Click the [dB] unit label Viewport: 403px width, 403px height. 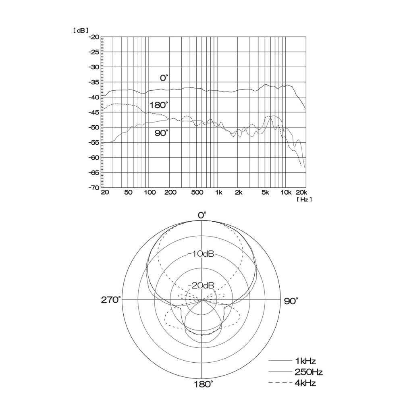(81, 30)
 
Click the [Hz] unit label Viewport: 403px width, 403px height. (304, 199)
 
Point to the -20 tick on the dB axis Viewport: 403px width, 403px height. (94, 37)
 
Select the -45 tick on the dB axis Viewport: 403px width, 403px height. (94, 112)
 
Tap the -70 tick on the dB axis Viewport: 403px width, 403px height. (94, 188)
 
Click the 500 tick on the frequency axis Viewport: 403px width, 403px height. (197, 193)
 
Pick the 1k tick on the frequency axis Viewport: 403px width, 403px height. (218, 193)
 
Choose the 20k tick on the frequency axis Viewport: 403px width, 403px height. (301, 193)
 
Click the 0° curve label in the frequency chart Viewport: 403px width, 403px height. (164, 78)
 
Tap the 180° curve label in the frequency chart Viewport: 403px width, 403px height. (158, 105)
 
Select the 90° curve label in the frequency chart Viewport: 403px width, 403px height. (162, 133)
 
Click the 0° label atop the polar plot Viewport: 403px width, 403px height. (202, 215)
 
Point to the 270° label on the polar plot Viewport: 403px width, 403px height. (111, 300)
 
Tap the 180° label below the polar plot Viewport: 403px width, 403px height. (203, 384)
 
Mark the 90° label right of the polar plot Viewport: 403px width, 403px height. (291, 301)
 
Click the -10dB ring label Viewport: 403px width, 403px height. (201, 254)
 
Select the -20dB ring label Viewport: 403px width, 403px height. (201, 285)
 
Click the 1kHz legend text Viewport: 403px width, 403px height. (305, 361)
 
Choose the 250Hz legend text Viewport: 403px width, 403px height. (308, 372)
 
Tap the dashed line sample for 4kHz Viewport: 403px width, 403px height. (280, 383)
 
